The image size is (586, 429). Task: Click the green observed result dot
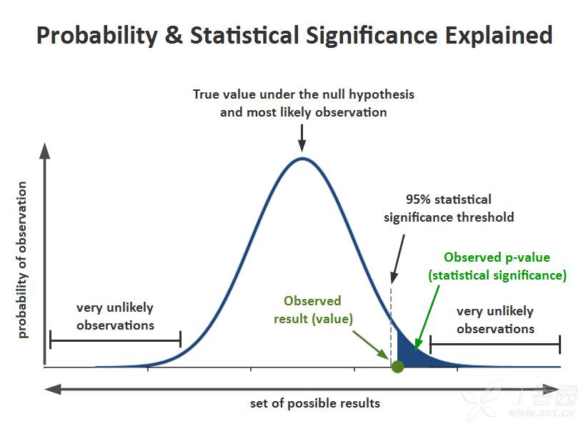(398, 367)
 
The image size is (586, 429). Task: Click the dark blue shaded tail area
(409, 355)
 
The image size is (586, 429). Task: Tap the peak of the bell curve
(302, 159)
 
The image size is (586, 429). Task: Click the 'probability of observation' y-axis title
(22, 260)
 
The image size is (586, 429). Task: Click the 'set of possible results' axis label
(314, 403)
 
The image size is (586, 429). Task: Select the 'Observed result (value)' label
(313, 310)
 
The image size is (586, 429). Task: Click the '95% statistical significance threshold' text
(448, 208)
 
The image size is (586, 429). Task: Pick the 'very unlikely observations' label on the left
(115, 316)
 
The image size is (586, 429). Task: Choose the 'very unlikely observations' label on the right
(495, 320)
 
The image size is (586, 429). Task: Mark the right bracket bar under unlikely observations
(495, 345)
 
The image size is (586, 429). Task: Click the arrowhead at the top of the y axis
(45, 151)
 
